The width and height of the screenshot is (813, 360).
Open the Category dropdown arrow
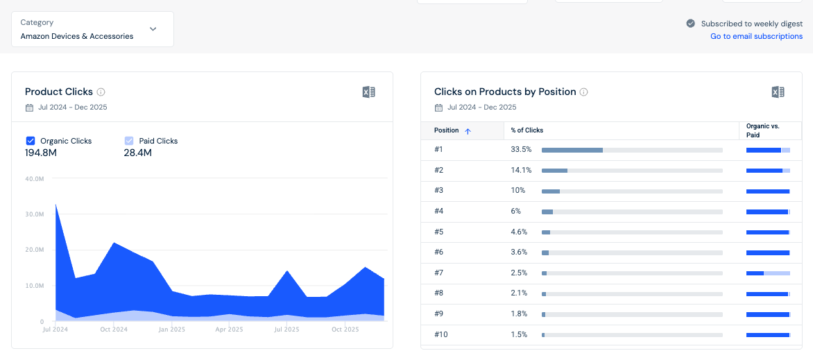tap(153, 29)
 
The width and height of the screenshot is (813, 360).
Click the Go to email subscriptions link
tap(757, 36)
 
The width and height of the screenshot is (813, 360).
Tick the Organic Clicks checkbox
tap(30, 141)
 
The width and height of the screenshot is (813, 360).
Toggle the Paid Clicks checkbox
tap(129, 141)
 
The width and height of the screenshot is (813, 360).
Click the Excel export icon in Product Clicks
tap(368, 92)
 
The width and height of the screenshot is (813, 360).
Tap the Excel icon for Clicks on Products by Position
tap(778, 92)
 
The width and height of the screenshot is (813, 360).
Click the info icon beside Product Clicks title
tap(101, 92)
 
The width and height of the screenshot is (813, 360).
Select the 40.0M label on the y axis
tap(35, 179)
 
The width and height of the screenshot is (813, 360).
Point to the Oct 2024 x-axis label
tap(114, 329)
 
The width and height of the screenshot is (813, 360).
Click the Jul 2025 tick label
tap(286, 329)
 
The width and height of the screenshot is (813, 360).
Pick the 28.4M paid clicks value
tap(138, 153)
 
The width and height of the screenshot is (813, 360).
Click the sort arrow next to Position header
tap(468, 131)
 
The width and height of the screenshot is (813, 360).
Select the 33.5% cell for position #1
tap(521, 149)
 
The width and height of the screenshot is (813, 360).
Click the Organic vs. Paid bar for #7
tap(768, 273)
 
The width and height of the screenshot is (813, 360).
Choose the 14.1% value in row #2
tap(520, 170)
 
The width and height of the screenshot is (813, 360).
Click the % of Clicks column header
tap(527, 130)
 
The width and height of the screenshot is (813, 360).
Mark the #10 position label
tap(441, 334)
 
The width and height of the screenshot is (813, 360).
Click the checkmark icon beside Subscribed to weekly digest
tap(691, 24)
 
